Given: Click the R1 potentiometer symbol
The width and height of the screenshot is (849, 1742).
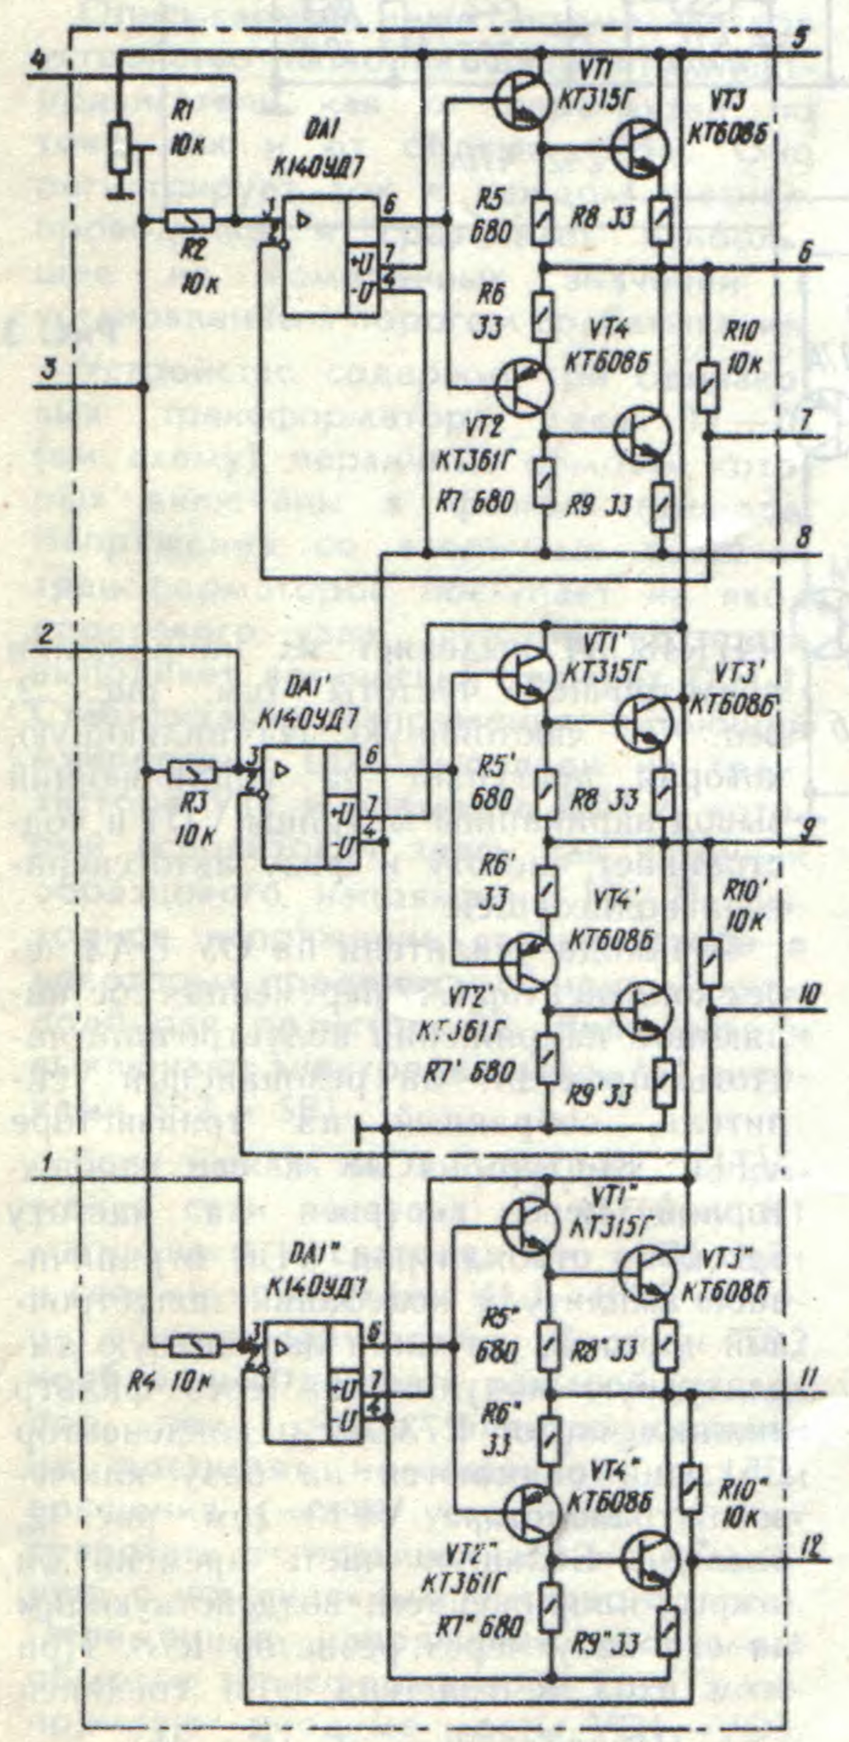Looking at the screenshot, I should (120, 149).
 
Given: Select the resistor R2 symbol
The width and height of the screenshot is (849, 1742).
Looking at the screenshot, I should (190, 220).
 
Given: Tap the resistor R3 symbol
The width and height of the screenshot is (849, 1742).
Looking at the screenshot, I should (192, 771).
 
